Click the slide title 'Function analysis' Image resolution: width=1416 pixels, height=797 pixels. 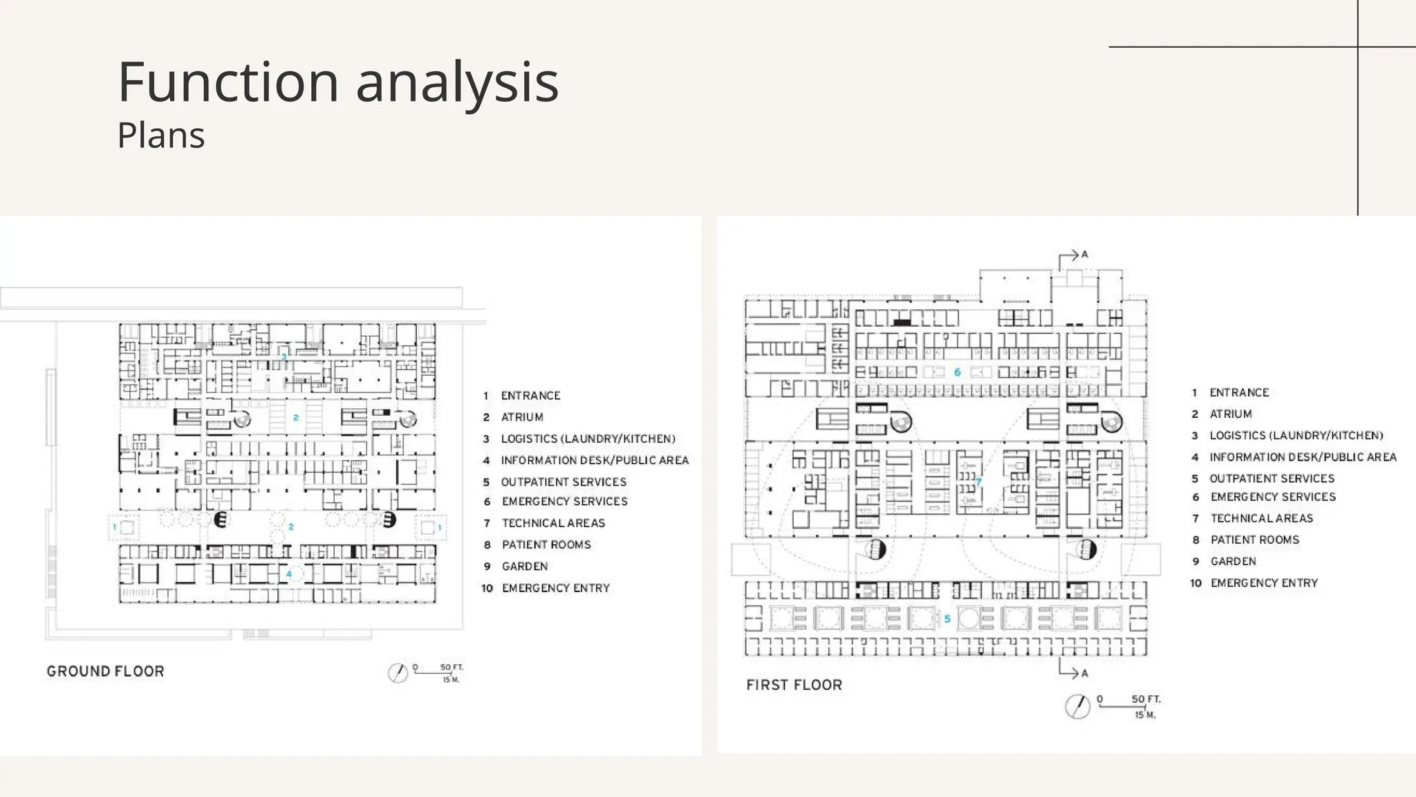coord(338,82)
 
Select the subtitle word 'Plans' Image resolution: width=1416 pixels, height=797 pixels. coord(161,135)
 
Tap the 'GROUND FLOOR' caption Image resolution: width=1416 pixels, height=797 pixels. coord(106,671)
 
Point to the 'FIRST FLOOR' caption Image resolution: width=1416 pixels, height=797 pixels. coord(794,685)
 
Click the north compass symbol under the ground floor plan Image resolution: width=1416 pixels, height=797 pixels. coord(398,672)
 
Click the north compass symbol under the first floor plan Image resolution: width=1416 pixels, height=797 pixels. coord(1077,706)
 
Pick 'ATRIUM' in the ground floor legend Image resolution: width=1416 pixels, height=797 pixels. coord(522,417)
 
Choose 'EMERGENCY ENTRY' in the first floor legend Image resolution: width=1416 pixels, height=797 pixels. coord(1264,583)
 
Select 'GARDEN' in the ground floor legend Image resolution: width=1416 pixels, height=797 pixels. coord(525,567)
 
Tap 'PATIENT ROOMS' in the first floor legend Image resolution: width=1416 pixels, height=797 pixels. coord(1255,540)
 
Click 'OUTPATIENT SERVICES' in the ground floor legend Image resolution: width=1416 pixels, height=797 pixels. coord(563,482)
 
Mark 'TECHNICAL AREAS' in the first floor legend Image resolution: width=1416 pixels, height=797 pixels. coord(1262,518)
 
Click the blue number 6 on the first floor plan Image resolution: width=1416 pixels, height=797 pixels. coord(957,372)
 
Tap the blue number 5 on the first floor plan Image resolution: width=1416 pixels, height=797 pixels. coord(947,619)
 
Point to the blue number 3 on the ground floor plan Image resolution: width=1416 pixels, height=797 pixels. coord(284,357)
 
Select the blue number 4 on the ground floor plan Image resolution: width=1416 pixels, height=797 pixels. coord(290,574)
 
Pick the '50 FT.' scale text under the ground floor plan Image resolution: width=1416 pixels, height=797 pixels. coord(451,668)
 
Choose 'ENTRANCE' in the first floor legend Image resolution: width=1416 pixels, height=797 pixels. coord(1239,393)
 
